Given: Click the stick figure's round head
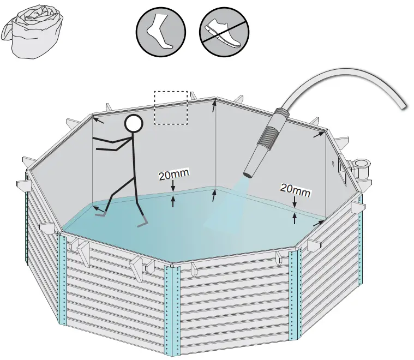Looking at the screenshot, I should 133,124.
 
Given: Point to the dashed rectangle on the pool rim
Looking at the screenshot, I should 171,107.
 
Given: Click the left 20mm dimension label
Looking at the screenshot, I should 173,175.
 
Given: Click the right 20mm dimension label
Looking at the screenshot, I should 295,189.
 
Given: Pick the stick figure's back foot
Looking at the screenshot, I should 100,215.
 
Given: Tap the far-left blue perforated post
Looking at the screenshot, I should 26,229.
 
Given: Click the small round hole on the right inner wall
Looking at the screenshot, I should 333,162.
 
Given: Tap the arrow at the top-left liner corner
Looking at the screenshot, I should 98,120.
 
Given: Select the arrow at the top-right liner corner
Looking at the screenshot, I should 318,134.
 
